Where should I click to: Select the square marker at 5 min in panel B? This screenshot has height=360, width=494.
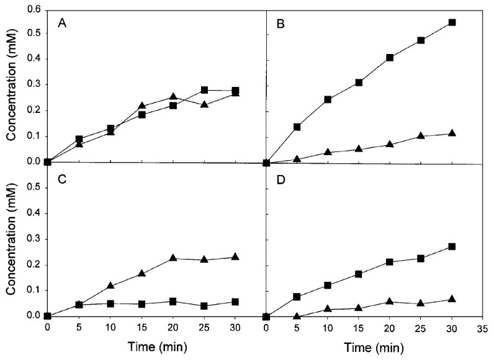(297, 127)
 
